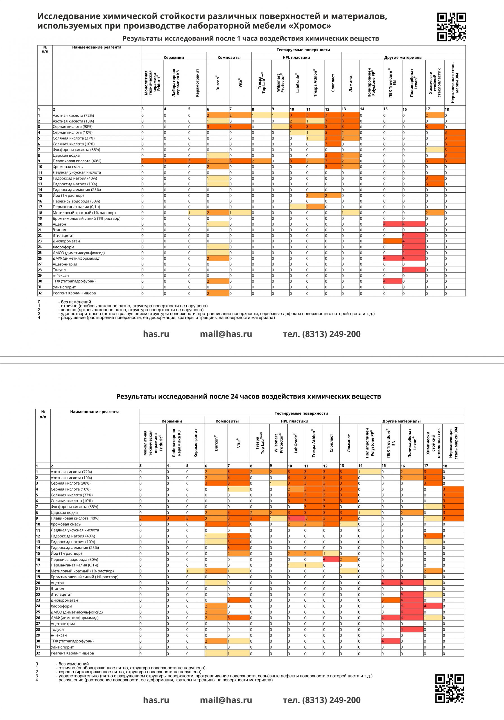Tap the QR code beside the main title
tap(451, 27)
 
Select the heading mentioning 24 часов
tap(248, 396)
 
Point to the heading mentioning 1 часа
tap(251, 39)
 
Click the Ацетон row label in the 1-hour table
tap(59, 224)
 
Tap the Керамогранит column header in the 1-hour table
tap(197, 83)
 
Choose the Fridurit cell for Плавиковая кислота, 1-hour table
tap(152, 161)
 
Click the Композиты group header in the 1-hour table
tap(229, 57)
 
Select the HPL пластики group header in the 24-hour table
tap(294, 421)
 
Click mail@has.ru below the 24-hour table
tap(226, 700)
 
